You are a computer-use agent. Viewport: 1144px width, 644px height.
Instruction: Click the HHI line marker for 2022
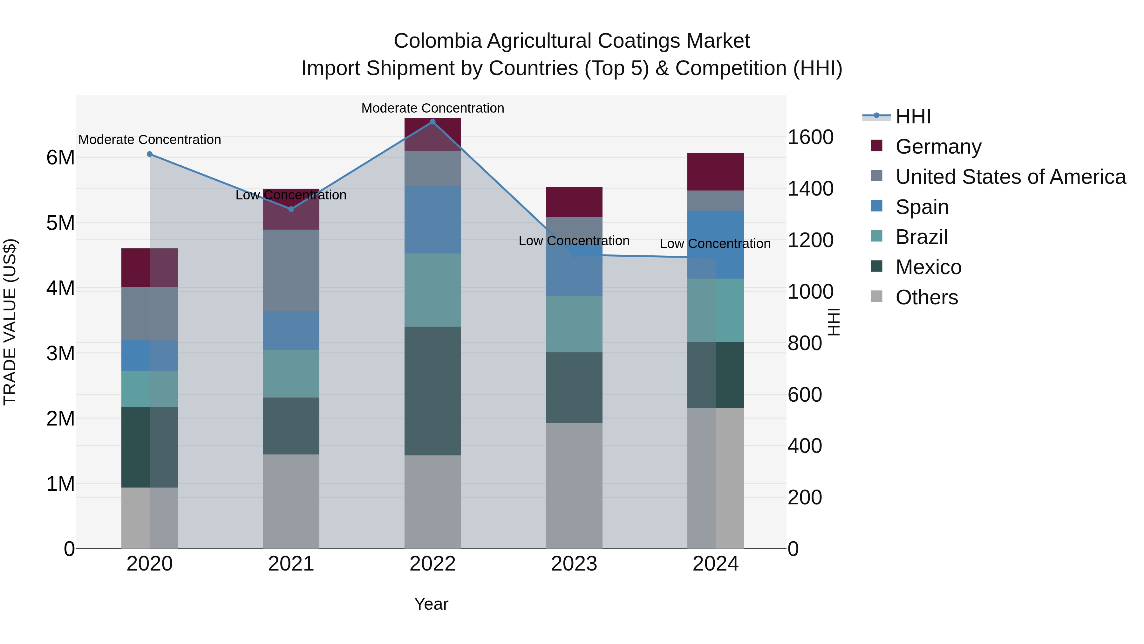432,122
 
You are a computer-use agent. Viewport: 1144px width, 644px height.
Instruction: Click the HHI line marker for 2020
150,154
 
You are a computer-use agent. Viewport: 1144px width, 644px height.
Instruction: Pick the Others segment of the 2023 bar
574,485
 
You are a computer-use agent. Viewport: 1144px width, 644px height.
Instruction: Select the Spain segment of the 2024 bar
715,245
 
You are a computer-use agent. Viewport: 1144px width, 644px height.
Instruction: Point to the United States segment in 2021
291,270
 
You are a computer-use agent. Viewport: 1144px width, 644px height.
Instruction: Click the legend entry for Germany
938,147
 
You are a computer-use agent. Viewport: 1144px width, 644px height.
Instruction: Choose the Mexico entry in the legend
928,267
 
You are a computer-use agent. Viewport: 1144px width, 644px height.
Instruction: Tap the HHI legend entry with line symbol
913,116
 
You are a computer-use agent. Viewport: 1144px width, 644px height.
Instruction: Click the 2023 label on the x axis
574,564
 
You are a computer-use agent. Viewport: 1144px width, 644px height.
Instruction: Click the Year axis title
431,604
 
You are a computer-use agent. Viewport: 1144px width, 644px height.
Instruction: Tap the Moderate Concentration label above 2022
432,108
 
